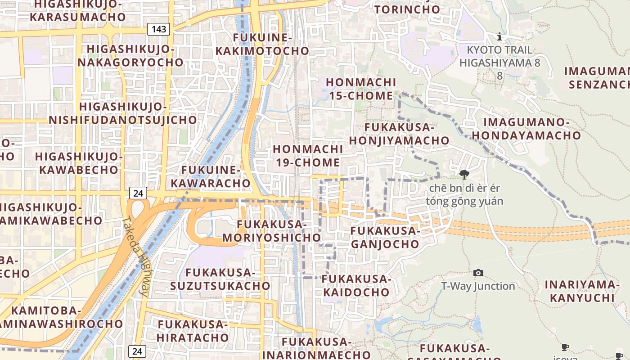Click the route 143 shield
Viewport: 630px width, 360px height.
click(x=159, y=30)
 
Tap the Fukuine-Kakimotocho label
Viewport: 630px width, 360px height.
click(x=262, y=44)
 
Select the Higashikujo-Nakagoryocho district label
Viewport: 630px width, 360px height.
click(x=130, y=55)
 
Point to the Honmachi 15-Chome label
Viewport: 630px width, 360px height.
click(x=361, y=89)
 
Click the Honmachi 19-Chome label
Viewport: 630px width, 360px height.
click(x=308, y=156)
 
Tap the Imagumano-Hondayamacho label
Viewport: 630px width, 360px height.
click(x=526, y=129)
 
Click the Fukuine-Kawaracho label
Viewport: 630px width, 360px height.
click(x=216, y=176)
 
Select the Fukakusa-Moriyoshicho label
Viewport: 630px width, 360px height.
click(x=272, y=231)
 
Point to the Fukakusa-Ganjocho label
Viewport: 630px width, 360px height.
click(x=385, y=238)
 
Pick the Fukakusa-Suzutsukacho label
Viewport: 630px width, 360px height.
click(x=220, y=279)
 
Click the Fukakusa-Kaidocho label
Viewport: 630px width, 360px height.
click(x=356, y=285)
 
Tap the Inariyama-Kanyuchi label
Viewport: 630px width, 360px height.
click(x=582, y=291)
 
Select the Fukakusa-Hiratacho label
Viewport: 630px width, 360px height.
click(x=193, y=331)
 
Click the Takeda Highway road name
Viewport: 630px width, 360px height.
click(x=136, y=255)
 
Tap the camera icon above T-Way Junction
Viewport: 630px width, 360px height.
click(x=478, y=273)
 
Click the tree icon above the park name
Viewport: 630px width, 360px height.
click(x=464, y=175)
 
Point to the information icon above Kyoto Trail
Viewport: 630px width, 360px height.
click(x=499, y=36)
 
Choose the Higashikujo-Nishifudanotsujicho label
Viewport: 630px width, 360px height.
click(x=123, y=113)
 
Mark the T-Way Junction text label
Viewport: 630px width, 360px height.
click(x=478, y=286)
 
